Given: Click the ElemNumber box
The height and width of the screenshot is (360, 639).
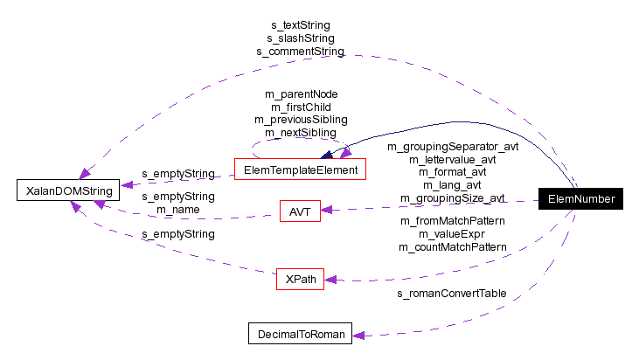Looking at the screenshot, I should click(x=580, y=199).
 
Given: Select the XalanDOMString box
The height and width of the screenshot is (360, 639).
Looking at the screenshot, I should click(x=68, y=190).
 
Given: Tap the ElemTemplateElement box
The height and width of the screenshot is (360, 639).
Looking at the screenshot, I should click(x=300, y=170).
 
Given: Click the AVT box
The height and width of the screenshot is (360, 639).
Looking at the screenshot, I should click(x=300, y=211).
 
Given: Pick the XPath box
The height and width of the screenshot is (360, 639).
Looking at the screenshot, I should click(x=300, y=280).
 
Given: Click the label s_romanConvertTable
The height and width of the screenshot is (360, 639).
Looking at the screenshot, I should click(x=451, y=293).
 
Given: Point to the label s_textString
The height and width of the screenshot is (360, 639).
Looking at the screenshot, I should click(x=299, y=25).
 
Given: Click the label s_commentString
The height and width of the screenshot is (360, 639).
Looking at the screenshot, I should click(x=299, y=52).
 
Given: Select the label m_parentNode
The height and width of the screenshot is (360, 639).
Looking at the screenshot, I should click(x=301, y=93).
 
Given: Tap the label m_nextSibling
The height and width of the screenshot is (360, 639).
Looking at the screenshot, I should click(x=301, y=133).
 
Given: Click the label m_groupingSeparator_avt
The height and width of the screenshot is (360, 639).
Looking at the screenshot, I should click(x=452, y=146).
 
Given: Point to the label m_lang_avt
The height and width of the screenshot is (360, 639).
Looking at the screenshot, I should click(x=452, y=185).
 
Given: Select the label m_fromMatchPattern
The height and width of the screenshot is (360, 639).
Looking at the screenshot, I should click(x=452, y=221).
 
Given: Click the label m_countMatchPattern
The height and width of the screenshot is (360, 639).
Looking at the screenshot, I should click(x=452, y=247).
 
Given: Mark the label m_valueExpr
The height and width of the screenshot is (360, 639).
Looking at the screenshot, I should click(x=452, y=234).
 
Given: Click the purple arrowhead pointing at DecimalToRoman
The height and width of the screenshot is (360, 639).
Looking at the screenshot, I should click(x=358, y=334).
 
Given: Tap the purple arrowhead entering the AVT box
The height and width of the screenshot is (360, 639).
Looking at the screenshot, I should click(x=329, y=210).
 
